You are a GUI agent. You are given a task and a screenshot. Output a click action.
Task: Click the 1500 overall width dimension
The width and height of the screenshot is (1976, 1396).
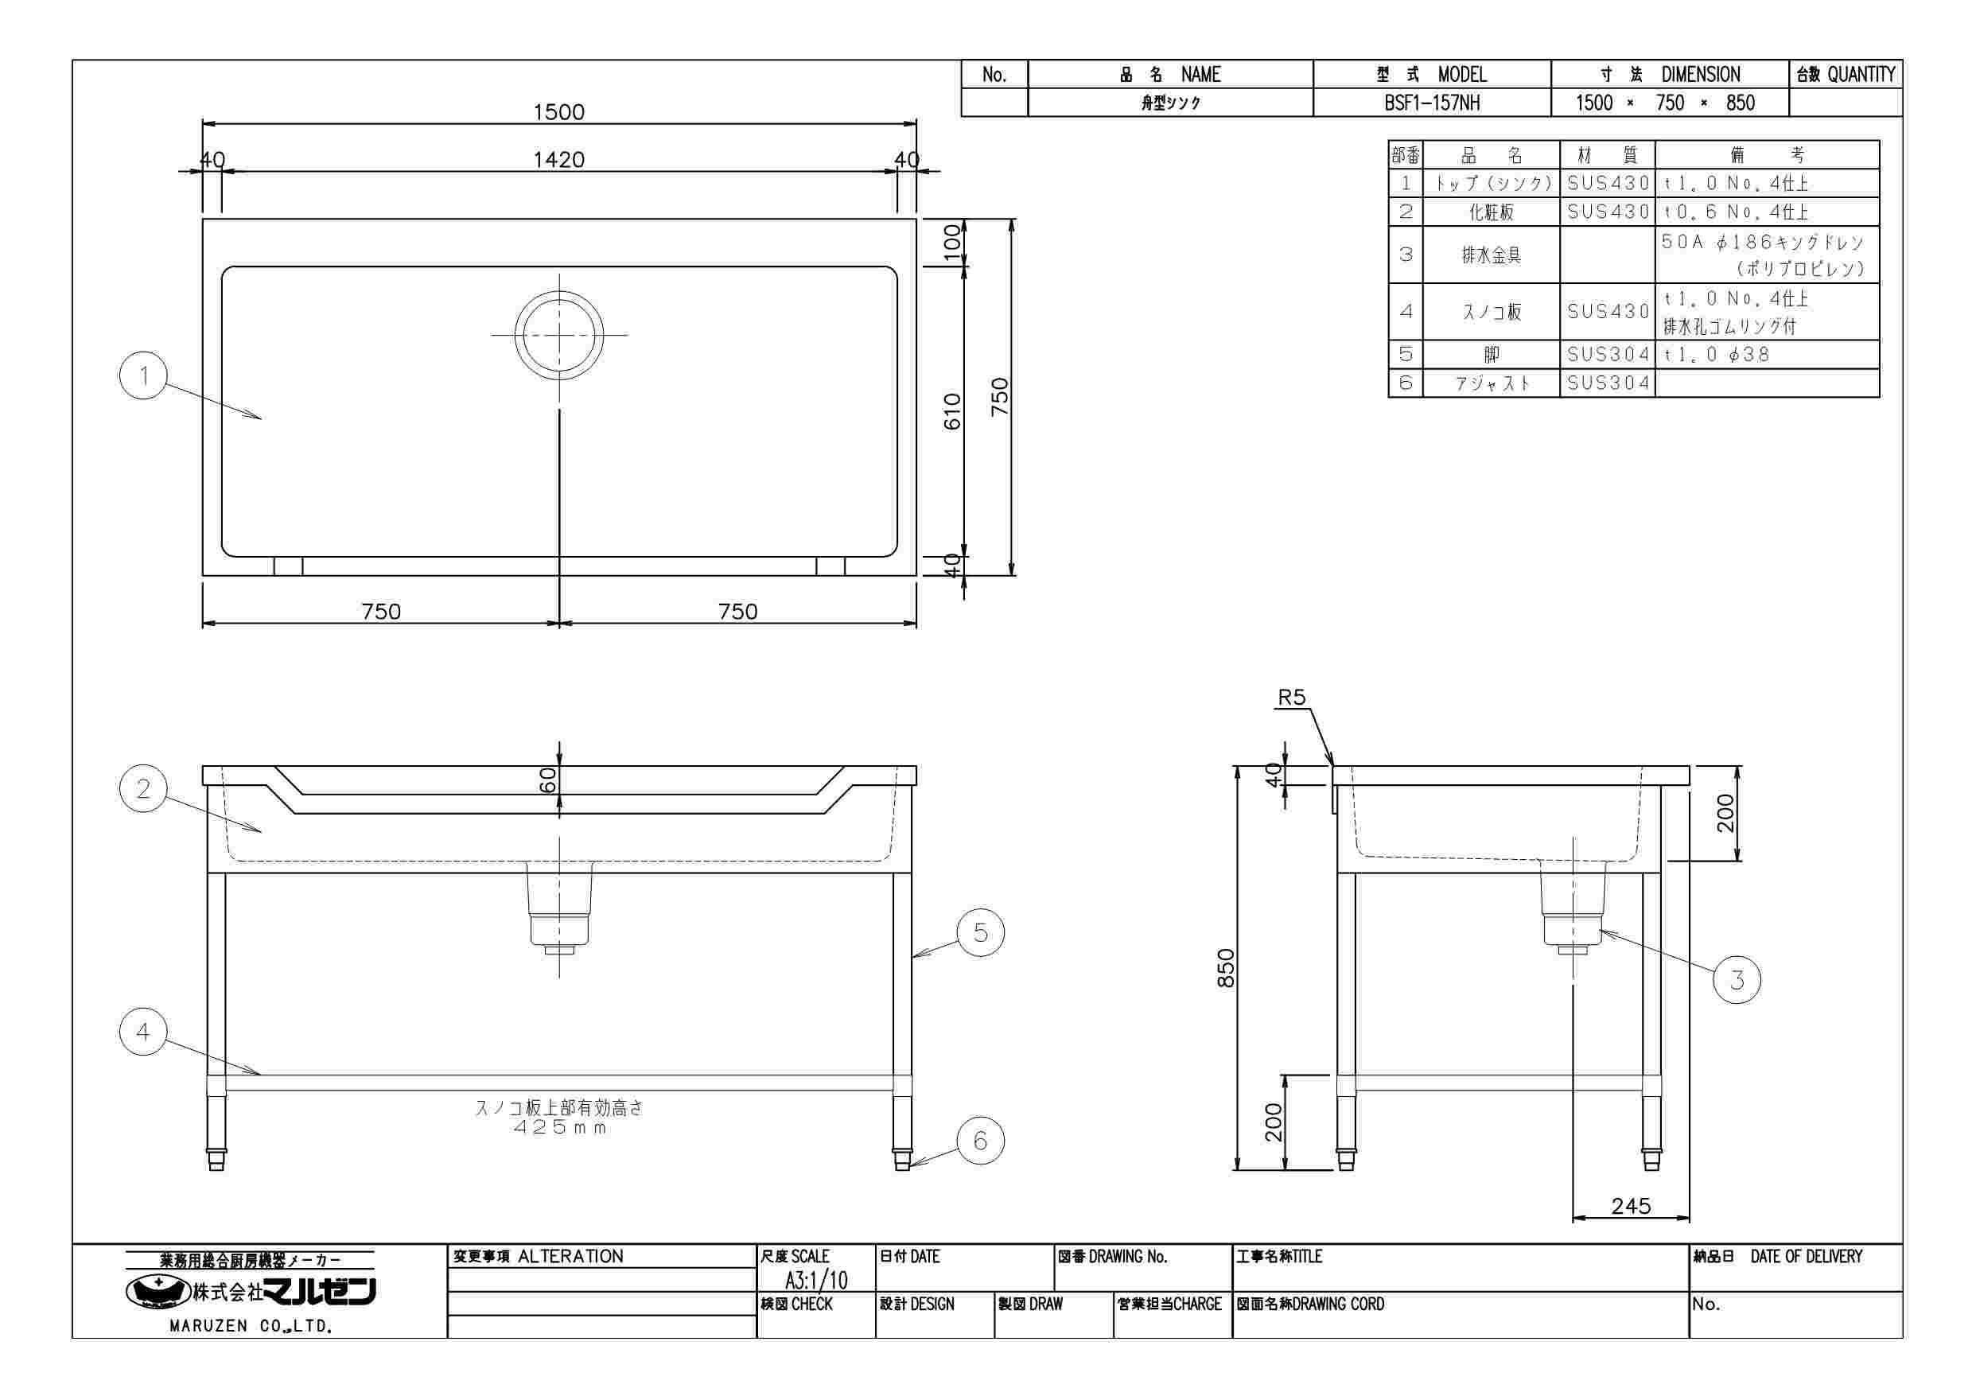[558, 112]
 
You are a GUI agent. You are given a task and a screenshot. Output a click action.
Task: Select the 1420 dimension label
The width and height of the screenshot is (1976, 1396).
[558, 159]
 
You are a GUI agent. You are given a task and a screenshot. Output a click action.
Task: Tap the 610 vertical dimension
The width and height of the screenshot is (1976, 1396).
[952, 411]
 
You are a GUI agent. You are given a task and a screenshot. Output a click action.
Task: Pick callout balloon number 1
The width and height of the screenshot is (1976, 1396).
[144, 375]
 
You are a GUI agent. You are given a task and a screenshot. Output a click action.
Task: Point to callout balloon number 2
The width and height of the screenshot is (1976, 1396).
[144, 788]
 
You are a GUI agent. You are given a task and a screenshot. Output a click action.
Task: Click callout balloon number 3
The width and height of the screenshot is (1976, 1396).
[1737, 980]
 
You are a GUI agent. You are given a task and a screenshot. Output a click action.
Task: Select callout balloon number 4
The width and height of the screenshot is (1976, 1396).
[144, 1031]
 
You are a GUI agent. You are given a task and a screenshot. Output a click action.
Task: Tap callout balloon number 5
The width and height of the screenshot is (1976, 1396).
[980, 932]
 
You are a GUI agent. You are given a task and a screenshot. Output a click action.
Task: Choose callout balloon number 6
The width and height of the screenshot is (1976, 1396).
[980, 1141]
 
